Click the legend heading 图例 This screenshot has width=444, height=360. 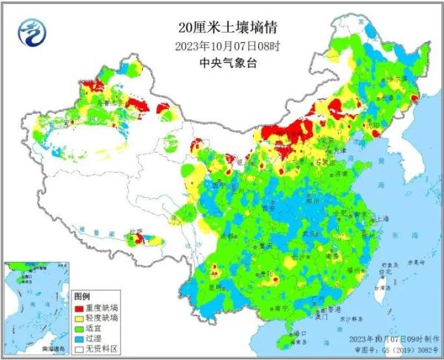click(x=84, y=296)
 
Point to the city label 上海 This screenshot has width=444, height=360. click(x=382, y=219)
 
